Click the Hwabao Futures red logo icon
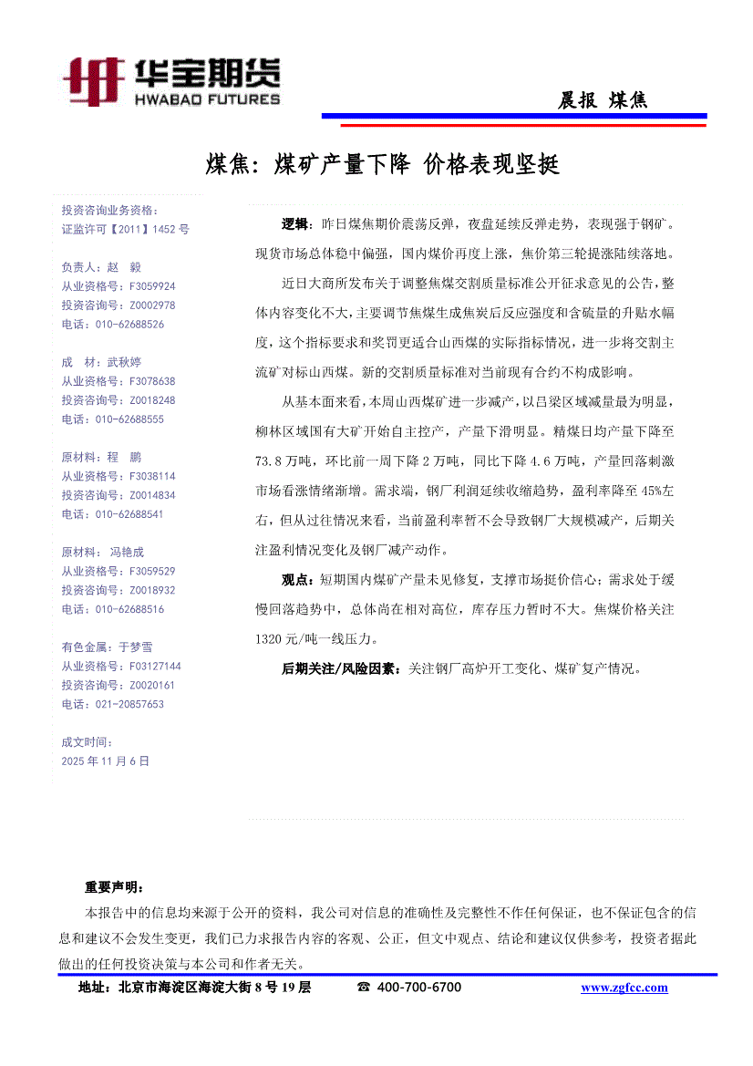[94, 81]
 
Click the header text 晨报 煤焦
[603, 100]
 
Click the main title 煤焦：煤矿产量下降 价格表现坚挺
[382, 165]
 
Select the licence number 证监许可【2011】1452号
[125, 230]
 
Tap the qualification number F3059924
[152, 286]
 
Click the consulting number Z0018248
[152, 400]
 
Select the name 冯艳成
[127, 552]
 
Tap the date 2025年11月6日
[105, 761]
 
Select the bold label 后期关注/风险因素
[340, 668]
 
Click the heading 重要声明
[113, 886]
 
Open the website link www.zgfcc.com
[624, 988]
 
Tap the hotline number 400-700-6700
[419, 988]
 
